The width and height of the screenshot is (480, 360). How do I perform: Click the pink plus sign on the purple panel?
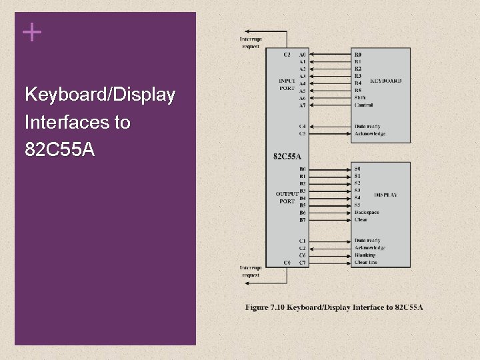pyautogui.click(x=31, y=32)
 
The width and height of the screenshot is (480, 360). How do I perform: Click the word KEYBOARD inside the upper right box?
pyautogui.click(x=385, y=81)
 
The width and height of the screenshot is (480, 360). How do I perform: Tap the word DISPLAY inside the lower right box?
pyautogui.click(x=385, y=195)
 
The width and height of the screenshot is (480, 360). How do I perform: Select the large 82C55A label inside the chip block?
pyautogui.click(x=287, y=157)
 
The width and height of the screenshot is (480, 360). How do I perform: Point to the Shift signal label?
pyautogui.click(x=360, y=97)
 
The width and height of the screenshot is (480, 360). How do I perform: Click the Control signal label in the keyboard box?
pyautogui.click(x=364, y=105)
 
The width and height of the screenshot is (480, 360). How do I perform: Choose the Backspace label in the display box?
pyautogui.click(x=367, y=212)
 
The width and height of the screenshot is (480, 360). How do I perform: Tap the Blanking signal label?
pyautogui.click(x=365, y=255)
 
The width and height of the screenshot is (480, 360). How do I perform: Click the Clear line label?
pyautogui.click(x=366, y=263)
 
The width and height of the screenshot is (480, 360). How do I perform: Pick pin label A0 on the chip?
pyautogui.click(x=303, y=54)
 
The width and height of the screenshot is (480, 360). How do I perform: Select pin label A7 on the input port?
pyautogui.click(x=303, y=105)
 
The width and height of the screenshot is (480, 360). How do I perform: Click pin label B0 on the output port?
pyautogui.click(x=303, y=169)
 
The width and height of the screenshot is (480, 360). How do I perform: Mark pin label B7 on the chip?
pyautogui.click(x=303, y=219)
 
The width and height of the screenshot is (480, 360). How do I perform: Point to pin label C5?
pyautogui.click(x=303, y=133)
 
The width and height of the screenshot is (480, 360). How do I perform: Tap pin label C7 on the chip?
pyautogui.click(x=303, y=263)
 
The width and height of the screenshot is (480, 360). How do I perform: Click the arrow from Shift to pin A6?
pyautogui.click(x=330, y=97)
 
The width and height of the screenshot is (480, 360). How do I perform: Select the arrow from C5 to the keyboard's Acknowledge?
pyautogui.click(x=330, y=133)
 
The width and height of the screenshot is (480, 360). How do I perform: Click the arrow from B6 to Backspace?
pyautogui.click(x=330, y=212)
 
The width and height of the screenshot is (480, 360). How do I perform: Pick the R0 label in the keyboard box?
pyautogui.click(x=358, y=54)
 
